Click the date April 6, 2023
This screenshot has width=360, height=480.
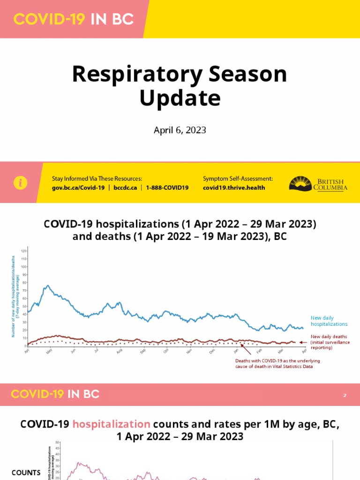pos(180,130)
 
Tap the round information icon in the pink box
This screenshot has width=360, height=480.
pos(21,183)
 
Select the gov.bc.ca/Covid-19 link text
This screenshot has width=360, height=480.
pos(78,187)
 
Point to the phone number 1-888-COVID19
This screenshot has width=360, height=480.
pos(167,187)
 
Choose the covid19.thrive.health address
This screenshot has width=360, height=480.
pos(234,187)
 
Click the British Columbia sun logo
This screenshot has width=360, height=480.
pos(300,183)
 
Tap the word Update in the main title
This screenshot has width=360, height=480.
pos(180,98)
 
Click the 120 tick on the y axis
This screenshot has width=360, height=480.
pos(23,251)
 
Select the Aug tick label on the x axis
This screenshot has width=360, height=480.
pos(119,351)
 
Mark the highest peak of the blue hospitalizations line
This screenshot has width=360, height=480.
pos(47,285)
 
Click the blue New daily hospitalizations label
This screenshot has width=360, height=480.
pos(329,321)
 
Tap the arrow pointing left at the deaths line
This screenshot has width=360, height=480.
pos(303,342)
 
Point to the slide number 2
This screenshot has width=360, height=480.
pos(345,396)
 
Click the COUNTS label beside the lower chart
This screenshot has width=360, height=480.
pos(26,472)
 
